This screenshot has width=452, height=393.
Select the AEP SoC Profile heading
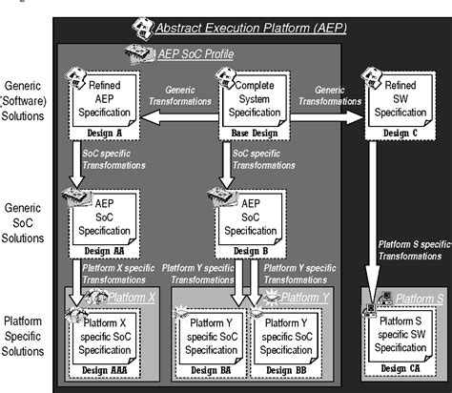tap(186, 54)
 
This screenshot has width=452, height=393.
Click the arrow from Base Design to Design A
tap(181, 116)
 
